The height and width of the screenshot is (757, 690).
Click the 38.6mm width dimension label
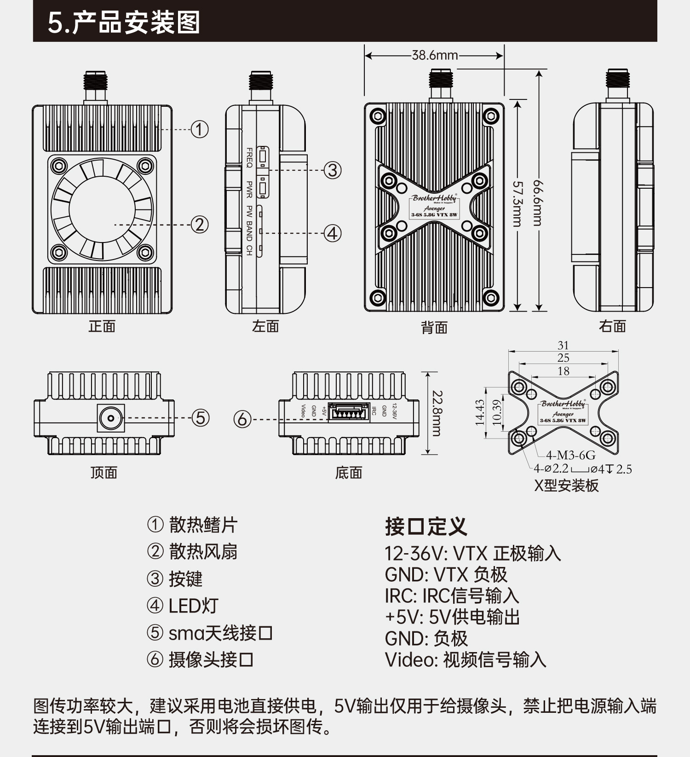435,56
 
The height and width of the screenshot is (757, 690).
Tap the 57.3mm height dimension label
517,204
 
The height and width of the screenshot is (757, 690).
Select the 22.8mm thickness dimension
437,413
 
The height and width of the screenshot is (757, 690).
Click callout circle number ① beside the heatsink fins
199,129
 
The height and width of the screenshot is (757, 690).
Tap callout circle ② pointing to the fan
199,225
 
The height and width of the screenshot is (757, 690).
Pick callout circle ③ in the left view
333,170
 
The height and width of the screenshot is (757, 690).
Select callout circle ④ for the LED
333,233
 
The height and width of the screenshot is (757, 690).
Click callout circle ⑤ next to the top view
200,418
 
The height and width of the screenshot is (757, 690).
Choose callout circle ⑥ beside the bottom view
242,419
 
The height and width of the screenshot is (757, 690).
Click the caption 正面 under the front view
102,326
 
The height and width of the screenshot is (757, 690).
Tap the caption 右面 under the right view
612,326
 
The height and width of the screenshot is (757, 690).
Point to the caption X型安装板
566,486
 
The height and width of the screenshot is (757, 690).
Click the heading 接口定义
425,526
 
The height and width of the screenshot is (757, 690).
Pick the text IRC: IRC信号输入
452,596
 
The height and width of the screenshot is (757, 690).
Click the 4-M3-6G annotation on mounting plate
570,456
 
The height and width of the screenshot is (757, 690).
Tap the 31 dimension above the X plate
563,345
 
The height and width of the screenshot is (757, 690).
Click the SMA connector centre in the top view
111,418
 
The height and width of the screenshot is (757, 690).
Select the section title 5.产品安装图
124,23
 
